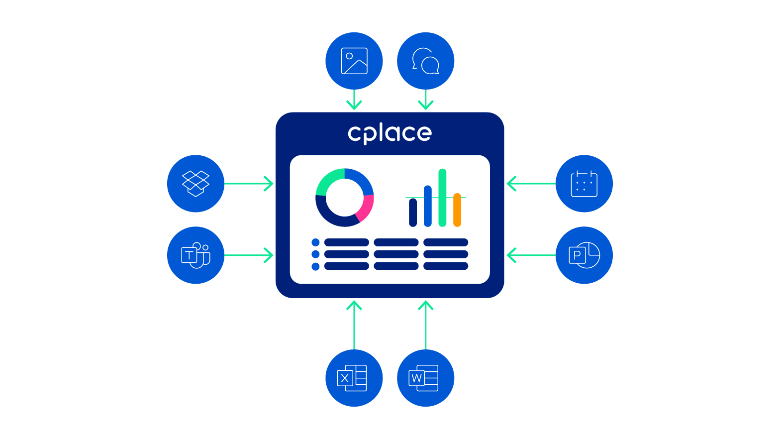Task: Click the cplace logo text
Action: [x=390, y=133]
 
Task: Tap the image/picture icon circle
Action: [x=354, y=61]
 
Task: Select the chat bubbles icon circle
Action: [x=425, y=61]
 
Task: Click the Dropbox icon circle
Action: [x=195, y=184]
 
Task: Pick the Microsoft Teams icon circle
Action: [x=195, y=255]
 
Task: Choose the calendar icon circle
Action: [x=585, y=184]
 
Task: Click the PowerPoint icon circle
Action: [x=585, y=255]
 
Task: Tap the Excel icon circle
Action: [x=354, y=378]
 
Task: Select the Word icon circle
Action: [x=425, y=378]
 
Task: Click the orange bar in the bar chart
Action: [x=457, y=210]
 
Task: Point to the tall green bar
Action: [x=442, y=198]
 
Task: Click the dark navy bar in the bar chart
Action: [x=413, y=213]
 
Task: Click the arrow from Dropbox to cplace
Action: [x=249, y=184]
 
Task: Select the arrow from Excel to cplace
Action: [x=354, y=325]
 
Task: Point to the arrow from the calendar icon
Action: [x=531, y=184]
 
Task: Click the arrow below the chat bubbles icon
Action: [x=425, y=100]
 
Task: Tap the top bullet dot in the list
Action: [x=315, y=242]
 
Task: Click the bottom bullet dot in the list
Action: [x=315, y=267]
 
